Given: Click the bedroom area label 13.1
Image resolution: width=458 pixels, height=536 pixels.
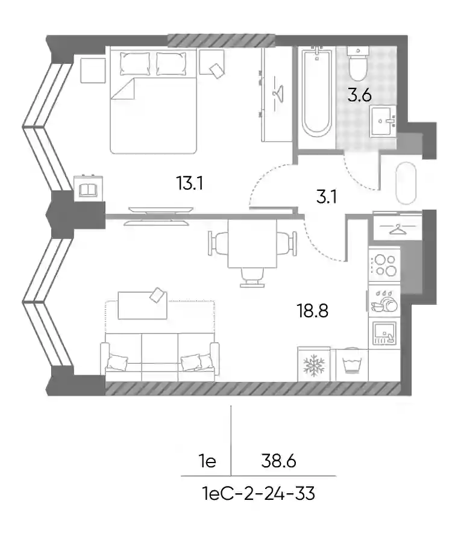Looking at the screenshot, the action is pyautogui.click(x=190, y=183).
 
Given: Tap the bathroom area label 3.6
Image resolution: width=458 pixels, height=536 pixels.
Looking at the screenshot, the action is pyautogui.click(x=360, y=95).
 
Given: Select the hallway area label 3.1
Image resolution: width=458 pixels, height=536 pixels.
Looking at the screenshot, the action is pyautogui.click(x=327, y=197).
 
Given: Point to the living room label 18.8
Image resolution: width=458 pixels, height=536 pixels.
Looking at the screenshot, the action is pyautogui.click(x=313, y=311).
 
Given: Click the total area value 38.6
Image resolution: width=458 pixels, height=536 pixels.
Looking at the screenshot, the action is pyautogui.click(x=278, y=461).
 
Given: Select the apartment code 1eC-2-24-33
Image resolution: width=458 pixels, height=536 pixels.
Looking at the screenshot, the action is pyautogui.click(x=259, y=494).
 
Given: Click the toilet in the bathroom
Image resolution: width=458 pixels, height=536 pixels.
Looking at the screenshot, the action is pyautogui.click(x=358, y=63).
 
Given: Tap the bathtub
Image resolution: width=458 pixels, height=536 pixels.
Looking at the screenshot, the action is pyautogui.click(x=317, y=92).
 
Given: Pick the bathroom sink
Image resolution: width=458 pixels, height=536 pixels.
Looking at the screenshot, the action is pyautogui.click(x=383, y=121).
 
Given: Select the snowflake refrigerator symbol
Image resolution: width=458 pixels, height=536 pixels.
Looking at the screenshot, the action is pyautogui.click(x=313, y=365).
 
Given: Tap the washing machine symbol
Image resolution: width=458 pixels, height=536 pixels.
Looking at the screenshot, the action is pyautogui.click(x=351, y=365).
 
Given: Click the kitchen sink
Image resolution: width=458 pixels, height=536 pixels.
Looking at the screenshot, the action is pyautogui.click(x=384, y=333).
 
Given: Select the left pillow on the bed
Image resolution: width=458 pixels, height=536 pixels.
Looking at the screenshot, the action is pyautogui.click(x=135, y=63).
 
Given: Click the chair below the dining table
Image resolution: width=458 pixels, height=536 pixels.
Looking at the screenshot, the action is pyautogui.click(x=253, y=277).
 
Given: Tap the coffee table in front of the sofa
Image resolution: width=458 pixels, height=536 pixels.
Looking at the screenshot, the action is pyautogui.click(x=142, y=305).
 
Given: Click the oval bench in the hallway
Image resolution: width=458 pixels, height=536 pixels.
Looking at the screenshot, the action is pyautogui.click(x=406, y=183).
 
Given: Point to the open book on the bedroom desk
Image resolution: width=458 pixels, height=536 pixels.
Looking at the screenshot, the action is pyautogui.click(x=88, y=190).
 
